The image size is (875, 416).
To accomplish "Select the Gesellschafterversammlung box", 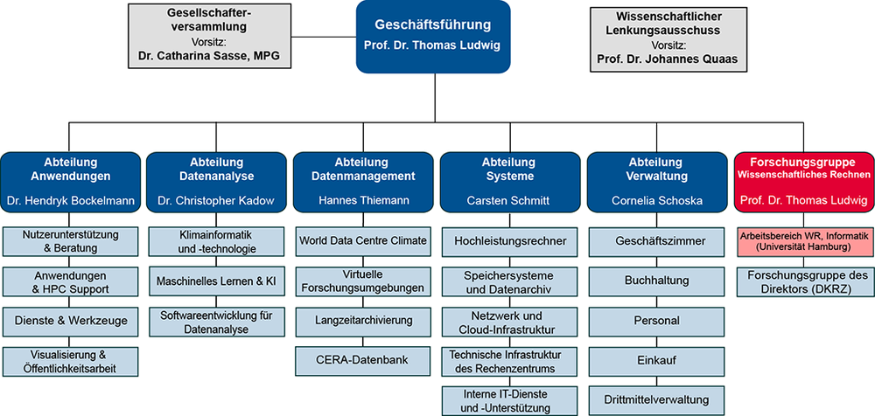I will click(208, 35).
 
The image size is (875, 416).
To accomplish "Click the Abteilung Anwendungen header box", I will click(70, 183).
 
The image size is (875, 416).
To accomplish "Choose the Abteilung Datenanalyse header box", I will click(216, 183).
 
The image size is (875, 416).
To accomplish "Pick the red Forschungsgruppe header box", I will click(803, 183).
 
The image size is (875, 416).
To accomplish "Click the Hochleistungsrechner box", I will click(510, 240).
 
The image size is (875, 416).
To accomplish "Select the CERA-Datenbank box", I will click(363, 359).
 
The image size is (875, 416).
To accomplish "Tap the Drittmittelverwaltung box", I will click(656, 399).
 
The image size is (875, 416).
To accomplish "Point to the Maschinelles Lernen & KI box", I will click(216, 281).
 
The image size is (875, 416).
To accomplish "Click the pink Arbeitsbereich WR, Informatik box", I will click(803, 241).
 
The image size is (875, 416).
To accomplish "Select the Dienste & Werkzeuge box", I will click(70, 321).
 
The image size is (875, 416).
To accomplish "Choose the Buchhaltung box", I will click(656, 281).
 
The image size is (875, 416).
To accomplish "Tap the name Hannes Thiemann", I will click(363, 201).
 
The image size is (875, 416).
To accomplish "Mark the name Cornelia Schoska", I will click(656, 201).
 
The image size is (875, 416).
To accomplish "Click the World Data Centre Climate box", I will click(363, 240).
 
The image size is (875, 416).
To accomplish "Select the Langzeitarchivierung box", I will click(363, 321).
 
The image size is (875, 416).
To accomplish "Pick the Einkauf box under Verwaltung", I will click(656, 359).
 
